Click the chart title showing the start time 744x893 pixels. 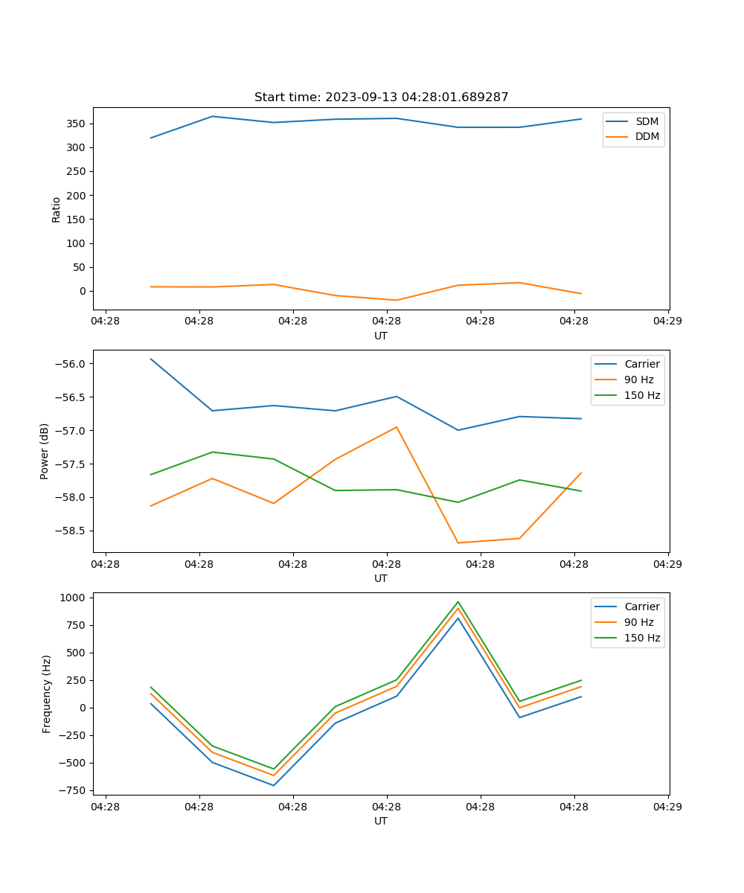click(381, 97)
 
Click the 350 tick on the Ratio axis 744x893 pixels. click(78, 124)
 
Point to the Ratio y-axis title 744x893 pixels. click(57, 208)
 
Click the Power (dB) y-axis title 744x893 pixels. click(45, 451)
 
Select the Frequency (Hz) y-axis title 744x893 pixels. click(46, 694)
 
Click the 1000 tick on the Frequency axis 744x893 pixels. click(77, 598)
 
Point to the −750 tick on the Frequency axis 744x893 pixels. click(74, 790)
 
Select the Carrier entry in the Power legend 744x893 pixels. click(642, 364)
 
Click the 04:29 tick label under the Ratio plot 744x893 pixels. click(667, 321)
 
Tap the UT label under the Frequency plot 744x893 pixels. click(381, 821)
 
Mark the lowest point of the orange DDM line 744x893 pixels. click(397, 300)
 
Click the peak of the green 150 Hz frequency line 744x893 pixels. click(458, 602)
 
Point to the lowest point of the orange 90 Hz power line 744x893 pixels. click(458, 542)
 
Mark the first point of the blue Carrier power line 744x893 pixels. click(151, 359)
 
